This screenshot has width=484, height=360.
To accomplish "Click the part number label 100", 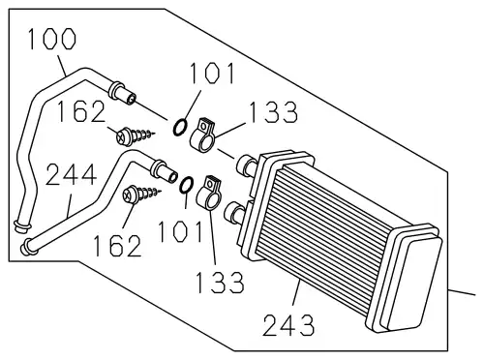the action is [x=52, y=39].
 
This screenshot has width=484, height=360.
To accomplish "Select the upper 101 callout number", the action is [x=212, y=74].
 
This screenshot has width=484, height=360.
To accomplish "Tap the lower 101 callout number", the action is [x=181, y=231].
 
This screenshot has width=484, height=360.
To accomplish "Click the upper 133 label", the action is [x=273, y=112].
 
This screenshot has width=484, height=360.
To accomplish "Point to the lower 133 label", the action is [x=220, y=282].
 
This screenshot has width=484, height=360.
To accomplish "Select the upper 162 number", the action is [x=81, y=111].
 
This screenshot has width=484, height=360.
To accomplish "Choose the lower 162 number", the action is [x=117, y=246].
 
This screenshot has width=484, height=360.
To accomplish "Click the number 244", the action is [x=72, y=174].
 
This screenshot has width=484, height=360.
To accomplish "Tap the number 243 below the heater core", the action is [x=288, y=325].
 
